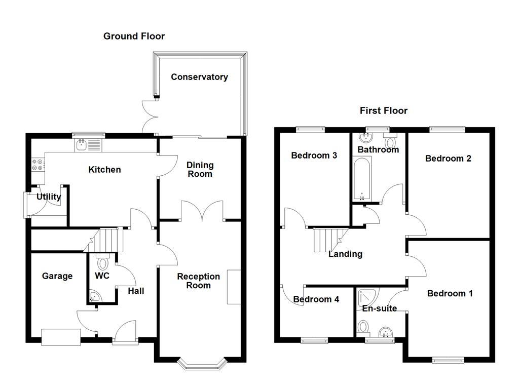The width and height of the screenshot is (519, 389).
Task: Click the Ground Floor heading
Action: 134,36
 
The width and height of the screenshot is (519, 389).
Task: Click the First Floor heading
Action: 384,110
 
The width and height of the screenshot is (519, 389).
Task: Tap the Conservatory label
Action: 199,77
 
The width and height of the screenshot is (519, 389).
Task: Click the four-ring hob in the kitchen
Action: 38,164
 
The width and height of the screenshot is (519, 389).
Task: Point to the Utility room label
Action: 49,197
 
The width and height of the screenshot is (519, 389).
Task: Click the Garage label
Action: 57,276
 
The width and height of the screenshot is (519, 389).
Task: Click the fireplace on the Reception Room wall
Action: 234,287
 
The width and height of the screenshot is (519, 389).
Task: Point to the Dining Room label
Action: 200,169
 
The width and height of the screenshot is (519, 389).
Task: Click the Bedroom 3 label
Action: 314,155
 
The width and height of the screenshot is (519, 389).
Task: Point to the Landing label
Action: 345,254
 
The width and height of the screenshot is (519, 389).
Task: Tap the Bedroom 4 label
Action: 316,299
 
